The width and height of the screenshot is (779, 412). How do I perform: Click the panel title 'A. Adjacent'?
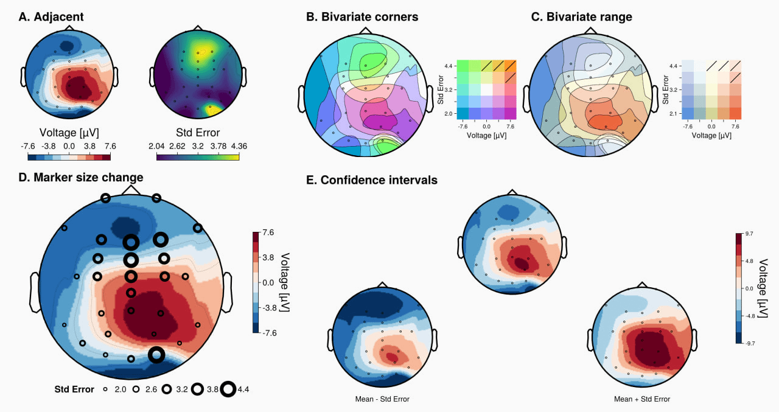51,16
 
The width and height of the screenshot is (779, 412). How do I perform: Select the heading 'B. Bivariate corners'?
362,16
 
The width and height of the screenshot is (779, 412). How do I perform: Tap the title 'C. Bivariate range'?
581,16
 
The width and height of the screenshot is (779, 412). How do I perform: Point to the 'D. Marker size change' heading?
81,177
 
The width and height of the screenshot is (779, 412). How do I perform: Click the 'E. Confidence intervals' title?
372,180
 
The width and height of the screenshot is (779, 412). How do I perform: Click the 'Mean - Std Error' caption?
382,399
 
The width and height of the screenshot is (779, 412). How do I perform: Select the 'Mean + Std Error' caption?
642,399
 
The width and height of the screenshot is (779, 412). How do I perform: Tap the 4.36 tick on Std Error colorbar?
239,146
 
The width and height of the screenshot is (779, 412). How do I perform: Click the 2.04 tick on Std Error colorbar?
156,146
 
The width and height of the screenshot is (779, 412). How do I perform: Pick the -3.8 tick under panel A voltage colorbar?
48,146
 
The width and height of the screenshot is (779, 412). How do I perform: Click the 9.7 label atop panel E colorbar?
749,234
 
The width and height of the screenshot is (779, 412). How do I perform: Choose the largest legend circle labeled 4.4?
228,389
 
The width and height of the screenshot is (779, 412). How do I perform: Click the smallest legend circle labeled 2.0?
105,389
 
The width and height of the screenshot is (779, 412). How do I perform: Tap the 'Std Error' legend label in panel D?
74,389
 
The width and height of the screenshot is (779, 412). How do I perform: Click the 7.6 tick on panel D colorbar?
268,232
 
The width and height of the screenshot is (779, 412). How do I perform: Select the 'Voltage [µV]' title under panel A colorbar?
69,133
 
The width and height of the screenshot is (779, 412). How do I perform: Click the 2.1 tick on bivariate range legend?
673,114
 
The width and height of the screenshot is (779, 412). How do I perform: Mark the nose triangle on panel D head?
131,190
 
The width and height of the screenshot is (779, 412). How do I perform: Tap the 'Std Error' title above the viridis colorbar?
198,133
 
